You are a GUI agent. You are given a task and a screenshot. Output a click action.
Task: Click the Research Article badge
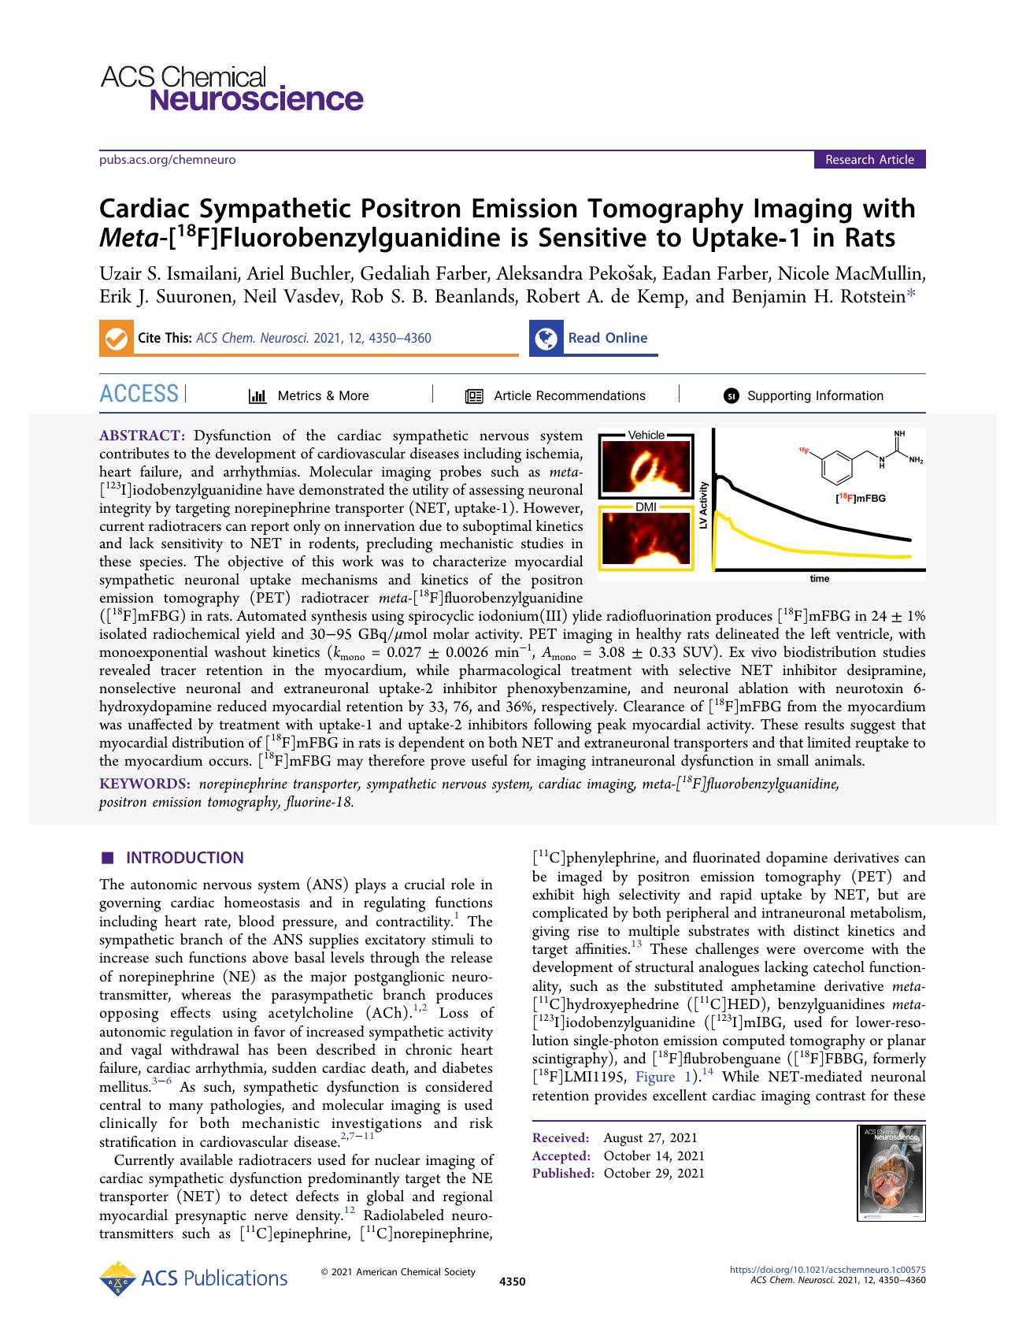pyautogui.click(x=869, y=160)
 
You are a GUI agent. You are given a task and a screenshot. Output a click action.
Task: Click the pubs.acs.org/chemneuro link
pyautogui.click(x=167, y=160)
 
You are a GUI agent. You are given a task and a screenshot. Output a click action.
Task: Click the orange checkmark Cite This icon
pyautogui.click(x=116, y=338)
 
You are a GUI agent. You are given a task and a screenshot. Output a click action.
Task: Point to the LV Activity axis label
pyautogui.click(x=704, y=504)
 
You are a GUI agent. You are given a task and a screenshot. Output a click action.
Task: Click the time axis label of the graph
pyautogui.click(x=819, y=579)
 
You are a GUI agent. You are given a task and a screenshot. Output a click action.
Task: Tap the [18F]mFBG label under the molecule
pyautogui.click(x=860, y=498)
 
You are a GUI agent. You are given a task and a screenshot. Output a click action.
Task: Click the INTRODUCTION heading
pyautogui.click(x=184, y=858)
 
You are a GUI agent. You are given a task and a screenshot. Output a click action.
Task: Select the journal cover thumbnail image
pyautogui.click(x=891, y=1173)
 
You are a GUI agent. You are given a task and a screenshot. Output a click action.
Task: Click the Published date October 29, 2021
pyautogui.click(x=654, y=1173)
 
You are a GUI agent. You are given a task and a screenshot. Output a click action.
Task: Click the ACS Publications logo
pyautogui.click(x=194, y=1278)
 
